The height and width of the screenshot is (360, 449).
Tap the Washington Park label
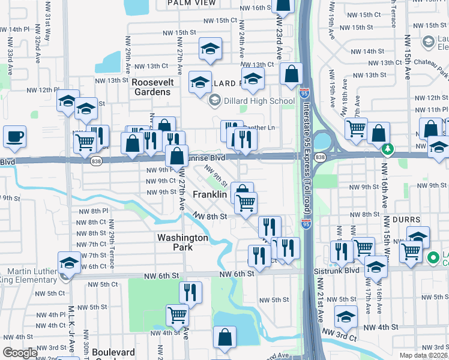[182, 242]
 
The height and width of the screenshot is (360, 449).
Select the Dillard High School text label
[251, 101]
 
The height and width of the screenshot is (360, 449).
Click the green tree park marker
[388, 148]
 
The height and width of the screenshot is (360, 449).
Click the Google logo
[20, 353]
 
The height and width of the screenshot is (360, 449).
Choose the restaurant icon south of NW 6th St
[190, 293]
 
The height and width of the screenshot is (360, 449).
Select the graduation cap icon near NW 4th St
[346, 316]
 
